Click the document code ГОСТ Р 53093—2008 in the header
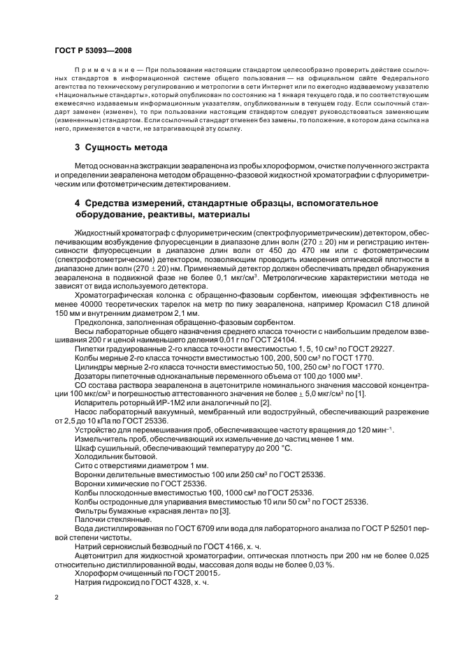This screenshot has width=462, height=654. [92, 51]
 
